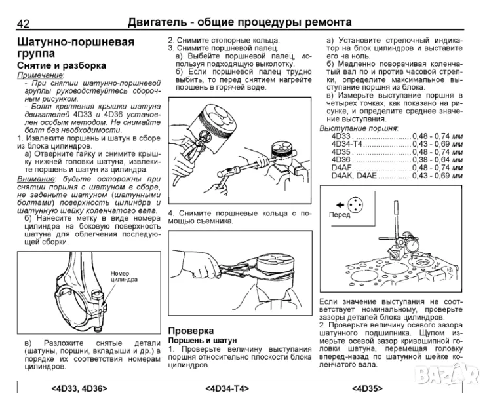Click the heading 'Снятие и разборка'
(x=60, y=66)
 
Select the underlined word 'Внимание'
(x=35, y=178)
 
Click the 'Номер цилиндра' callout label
(x=125, y=276)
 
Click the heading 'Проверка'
(x=191, y=330)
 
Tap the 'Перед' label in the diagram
(x=340, y=214)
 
